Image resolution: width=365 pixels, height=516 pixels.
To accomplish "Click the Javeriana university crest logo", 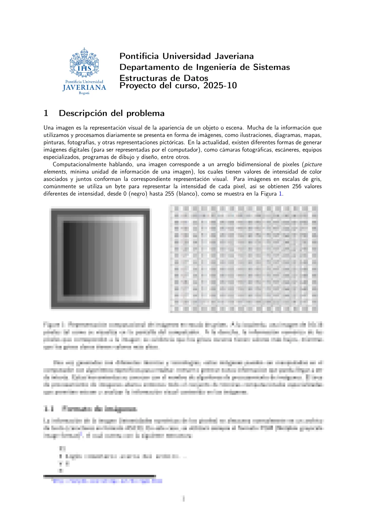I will click(x=84, y=63).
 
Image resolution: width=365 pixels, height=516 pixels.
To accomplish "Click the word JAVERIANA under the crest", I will click(x=84, y=88).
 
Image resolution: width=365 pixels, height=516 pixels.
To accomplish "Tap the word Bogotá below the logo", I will click(x=84, y=93).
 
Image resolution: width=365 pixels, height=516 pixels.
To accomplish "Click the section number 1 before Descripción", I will click(x=46, y=113).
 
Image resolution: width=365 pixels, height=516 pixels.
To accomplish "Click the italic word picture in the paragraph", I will click(x=313, y=164).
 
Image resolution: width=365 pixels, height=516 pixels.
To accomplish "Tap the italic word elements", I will click(x=55, y=172).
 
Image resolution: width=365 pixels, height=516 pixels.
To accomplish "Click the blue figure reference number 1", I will click(x=280, y=194).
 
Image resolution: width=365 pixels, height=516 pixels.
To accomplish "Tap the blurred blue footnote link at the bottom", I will click(x=107, y=481).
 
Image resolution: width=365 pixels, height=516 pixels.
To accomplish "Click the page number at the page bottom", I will click(x=183, y=499).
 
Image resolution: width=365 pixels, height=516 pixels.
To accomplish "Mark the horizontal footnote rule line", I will click(x=99, y=476).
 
